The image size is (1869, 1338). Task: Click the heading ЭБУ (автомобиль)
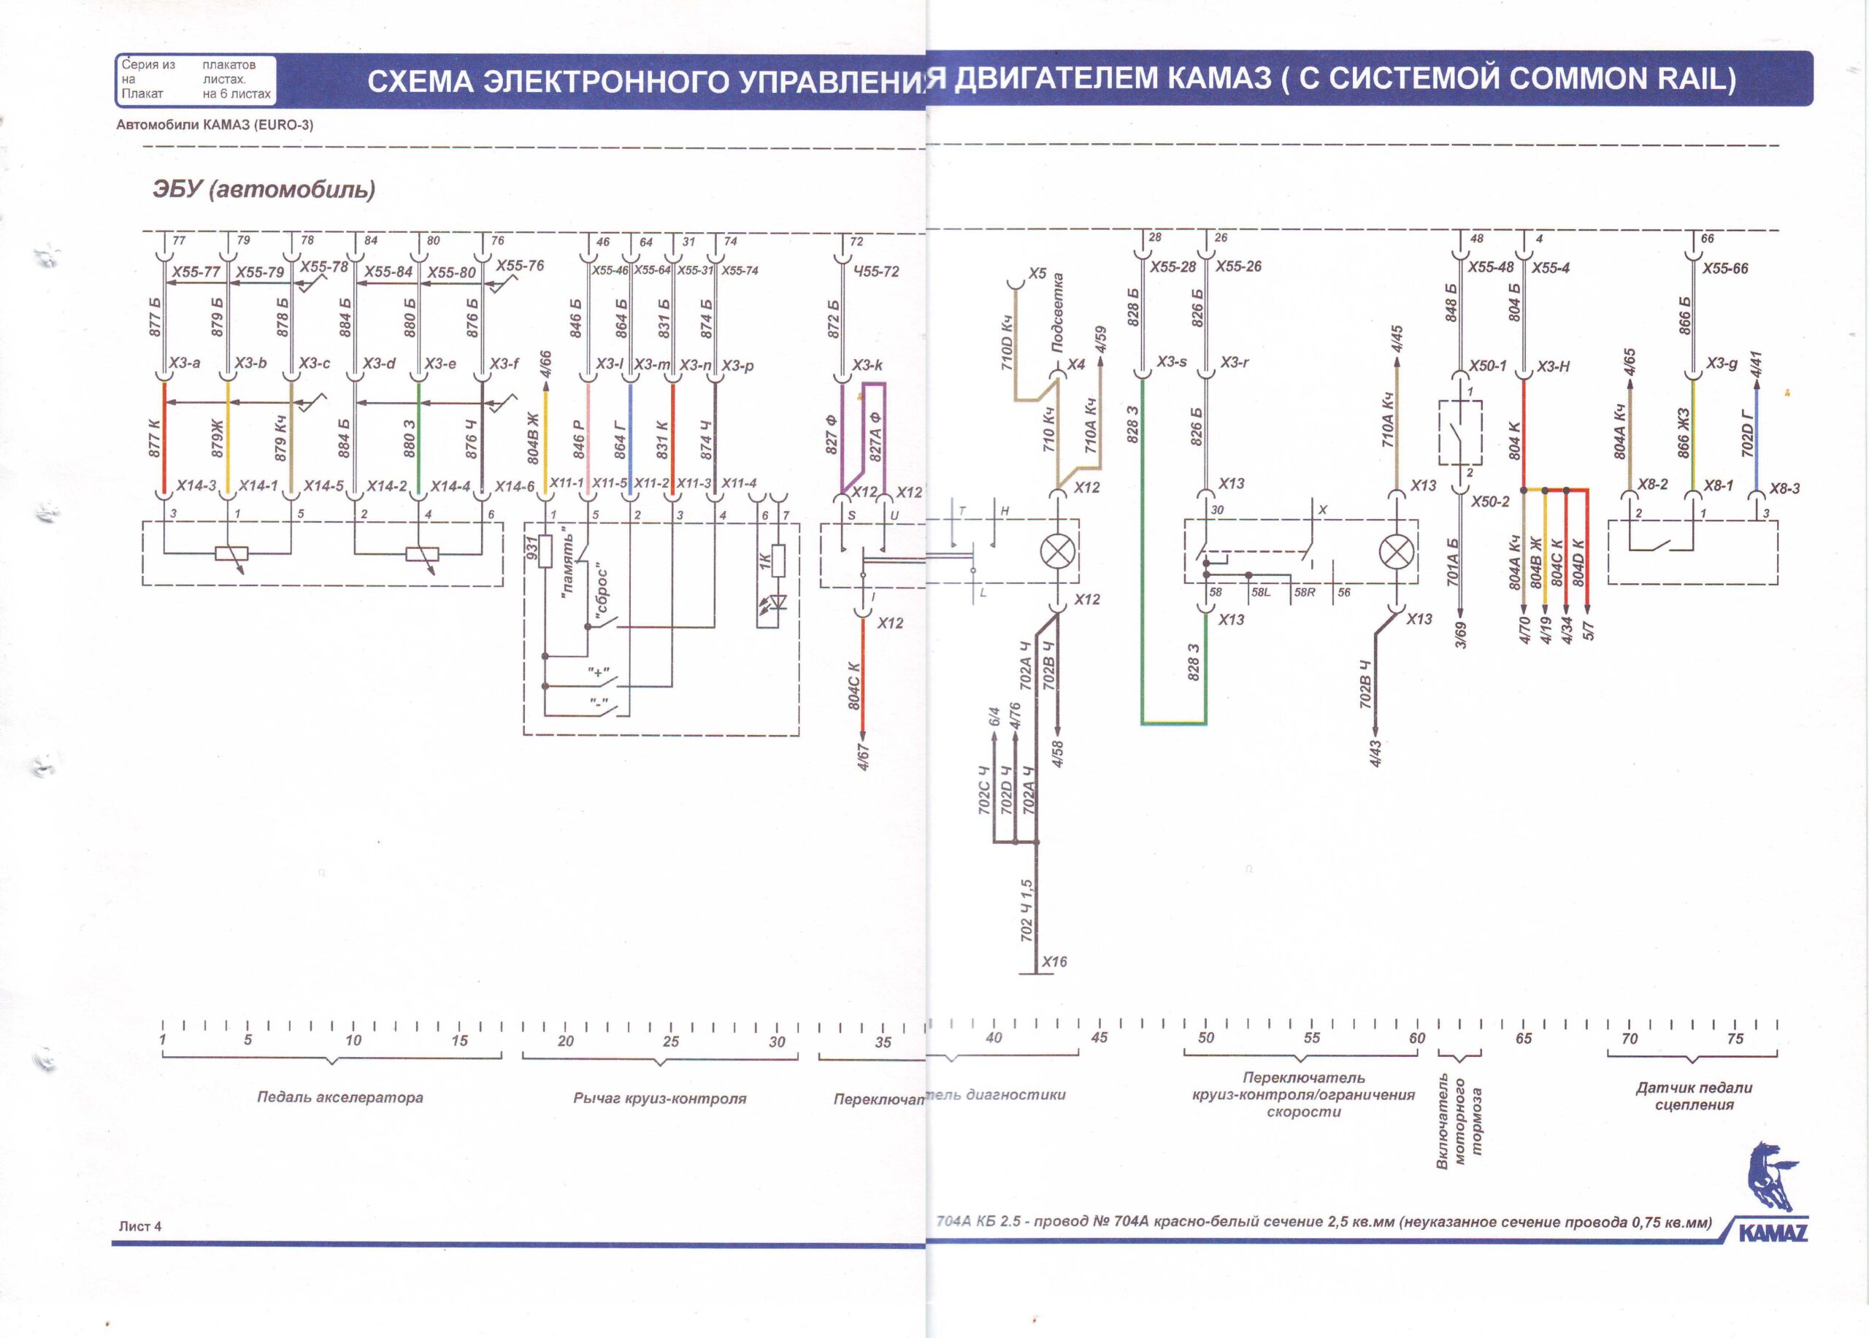(264, 190)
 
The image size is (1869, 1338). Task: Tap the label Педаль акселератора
(339, 1097)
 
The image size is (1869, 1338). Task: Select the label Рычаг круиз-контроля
(659, 1099)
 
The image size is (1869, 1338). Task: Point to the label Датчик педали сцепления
(1694, 1096)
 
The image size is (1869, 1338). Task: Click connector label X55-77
(196, 272)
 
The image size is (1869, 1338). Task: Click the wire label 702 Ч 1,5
(1026, 910)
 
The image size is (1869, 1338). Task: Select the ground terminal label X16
(1054, 961)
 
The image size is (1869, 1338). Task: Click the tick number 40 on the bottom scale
(994, 1038)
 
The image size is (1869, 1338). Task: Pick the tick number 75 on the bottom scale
(1735, 1039)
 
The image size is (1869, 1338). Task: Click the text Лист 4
(140, 1226)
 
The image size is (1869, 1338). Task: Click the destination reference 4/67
(864, 755)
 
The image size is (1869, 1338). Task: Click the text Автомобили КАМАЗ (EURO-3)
(215, 126)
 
